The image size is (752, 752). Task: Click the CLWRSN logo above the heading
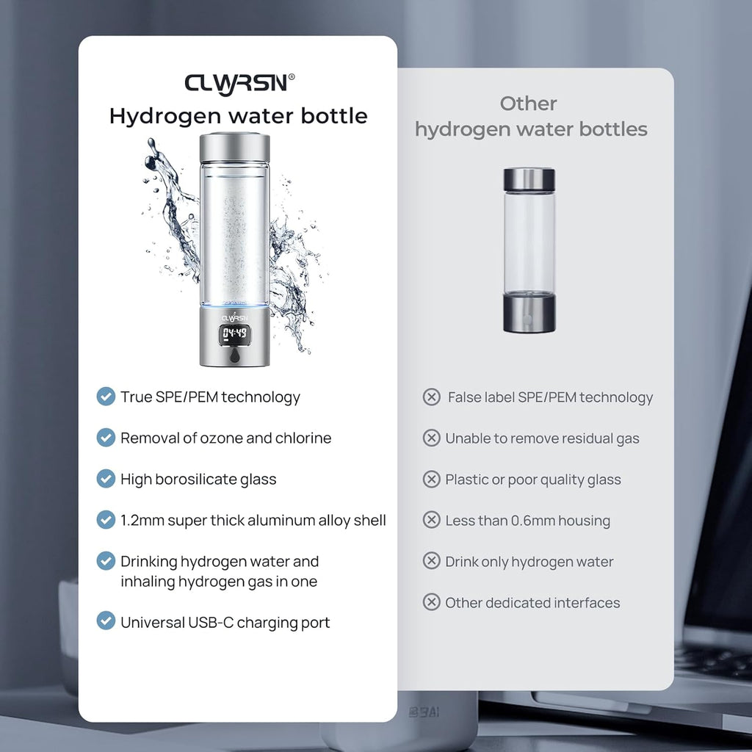[236, 84]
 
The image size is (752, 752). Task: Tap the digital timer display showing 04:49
[234, 334]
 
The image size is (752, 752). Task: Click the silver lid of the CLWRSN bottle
[234, 148]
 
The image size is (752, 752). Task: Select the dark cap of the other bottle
[529, 179]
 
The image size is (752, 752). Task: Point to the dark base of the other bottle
[529, 313]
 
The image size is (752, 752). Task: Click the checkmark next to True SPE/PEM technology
[106, 397]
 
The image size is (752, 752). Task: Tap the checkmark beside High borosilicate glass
[106, 479]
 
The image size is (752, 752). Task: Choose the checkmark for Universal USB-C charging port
[106, 621]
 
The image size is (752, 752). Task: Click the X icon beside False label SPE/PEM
[432, 397]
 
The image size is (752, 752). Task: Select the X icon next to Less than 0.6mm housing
[432, 519]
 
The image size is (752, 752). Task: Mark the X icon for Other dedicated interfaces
[432, 602]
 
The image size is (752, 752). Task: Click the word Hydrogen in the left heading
[165, 117]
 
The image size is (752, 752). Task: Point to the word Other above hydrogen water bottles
[529, 104]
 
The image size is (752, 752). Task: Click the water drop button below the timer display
[235, 355]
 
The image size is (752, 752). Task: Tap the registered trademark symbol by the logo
[292, 76]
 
